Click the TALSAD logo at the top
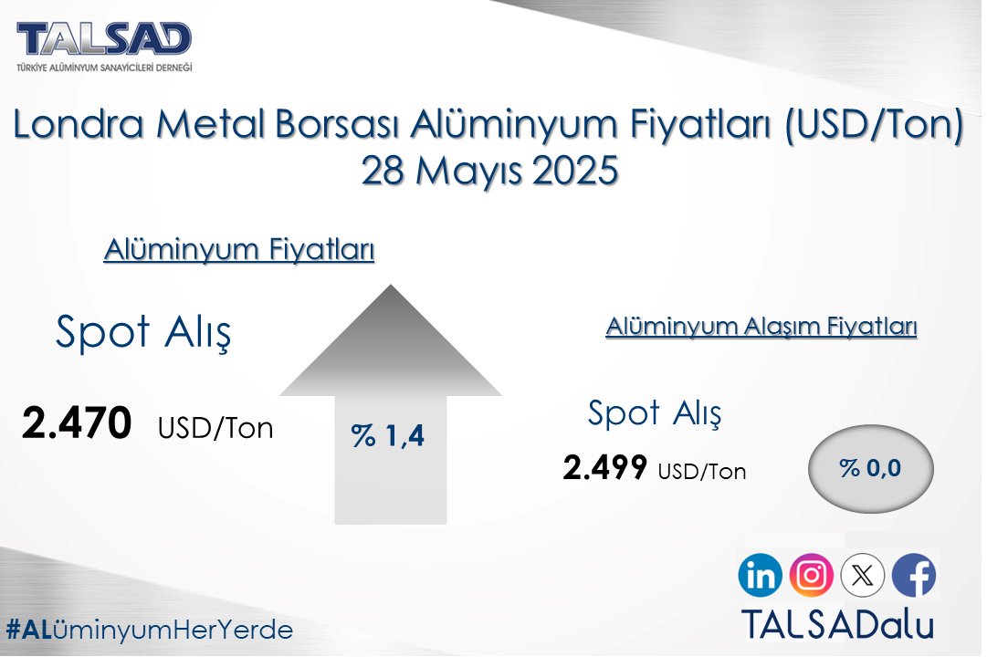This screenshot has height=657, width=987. (x=104, y=40)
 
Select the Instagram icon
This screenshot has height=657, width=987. (x=811, y=576)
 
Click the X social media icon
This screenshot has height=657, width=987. (x=862, y=576)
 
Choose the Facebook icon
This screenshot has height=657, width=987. (x=913, y=576)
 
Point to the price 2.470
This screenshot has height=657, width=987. (x=78, y=424)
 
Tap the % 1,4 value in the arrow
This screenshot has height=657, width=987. (x=388, y=436)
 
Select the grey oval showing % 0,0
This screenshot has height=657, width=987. (x=870, y=468)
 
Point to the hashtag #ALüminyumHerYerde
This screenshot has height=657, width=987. (x=149, y=630)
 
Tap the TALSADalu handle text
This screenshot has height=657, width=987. (x=836, y=625)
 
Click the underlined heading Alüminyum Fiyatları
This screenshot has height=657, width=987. (x=239, y=250)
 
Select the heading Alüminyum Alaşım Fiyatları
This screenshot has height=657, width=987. (x=761, y=327)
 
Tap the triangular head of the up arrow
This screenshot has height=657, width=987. (x=390, y=347)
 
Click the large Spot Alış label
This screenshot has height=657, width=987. (x=143, y=332)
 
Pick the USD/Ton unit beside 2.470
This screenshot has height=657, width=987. (x=215, y=428)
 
